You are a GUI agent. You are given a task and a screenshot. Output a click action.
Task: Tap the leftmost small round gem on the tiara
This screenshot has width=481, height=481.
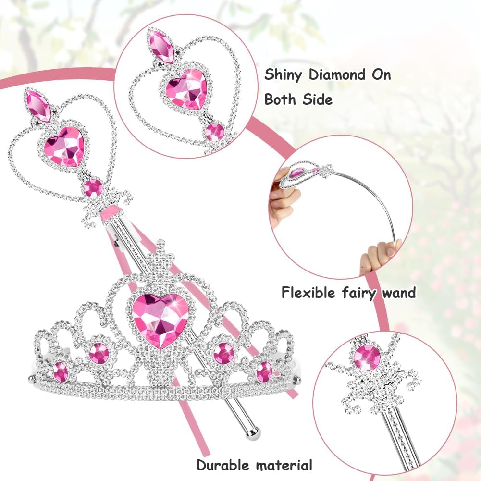coord(61,371)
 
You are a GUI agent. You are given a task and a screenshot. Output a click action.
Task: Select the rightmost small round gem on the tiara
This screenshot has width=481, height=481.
coord(264,371)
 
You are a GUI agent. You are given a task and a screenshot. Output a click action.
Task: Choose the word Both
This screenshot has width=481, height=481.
coord(282,99)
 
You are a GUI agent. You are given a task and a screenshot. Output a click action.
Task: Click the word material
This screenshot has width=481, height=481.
coord(284,465)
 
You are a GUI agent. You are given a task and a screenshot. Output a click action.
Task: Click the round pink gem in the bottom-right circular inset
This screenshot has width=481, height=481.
coord(367,357)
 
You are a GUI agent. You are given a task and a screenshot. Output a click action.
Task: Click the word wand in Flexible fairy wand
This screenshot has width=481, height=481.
coord(398,292)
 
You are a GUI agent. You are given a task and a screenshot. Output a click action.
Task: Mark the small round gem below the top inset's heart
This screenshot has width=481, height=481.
coord(214,131)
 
